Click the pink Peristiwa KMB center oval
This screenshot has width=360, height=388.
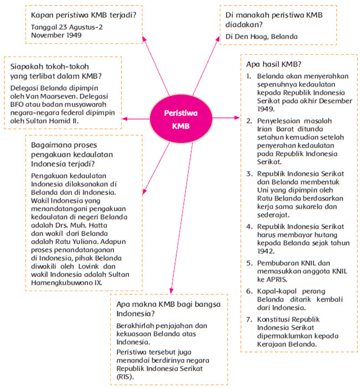tap(180, 119)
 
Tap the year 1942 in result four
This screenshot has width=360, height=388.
tap(266, 250)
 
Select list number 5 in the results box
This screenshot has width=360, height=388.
tap(249, 263)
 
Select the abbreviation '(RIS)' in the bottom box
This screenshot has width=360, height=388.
tap(126, 376)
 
